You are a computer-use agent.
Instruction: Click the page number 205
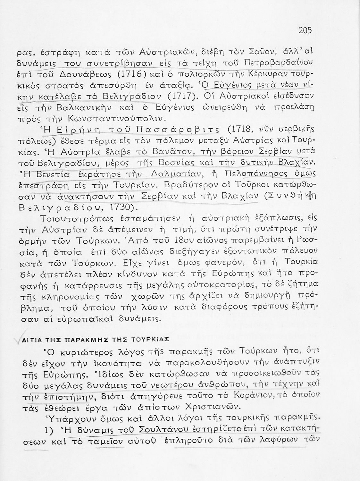tap(305, 30)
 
